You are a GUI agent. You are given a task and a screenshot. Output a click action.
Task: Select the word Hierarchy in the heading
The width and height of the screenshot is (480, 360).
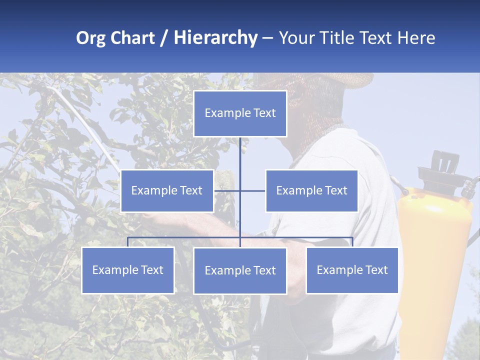coord(215,38)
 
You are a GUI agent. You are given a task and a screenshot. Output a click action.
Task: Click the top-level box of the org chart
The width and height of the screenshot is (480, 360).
coord(240,113)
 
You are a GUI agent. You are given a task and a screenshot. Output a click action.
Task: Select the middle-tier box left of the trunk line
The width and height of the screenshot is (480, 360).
coord(167,191)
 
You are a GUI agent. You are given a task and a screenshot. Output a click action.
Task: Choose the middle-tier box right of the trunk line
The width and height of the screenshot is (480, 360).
coord(311,191)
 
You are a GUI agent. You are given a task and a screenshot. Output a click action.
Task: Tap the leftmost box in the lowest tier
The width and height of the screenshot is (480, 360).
coord(128,270)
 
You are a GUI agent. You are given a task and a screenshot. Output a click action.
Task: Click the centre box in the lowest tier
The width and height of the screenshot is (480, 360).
coord(240,271)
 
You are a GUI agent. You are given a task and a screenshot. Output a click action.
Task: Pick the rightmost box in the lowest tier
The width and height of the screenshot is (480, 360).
coord(352,270)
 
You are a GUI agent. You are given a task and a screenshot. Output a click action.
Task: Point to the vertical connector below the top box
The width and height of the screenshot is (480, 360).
coord(240,155)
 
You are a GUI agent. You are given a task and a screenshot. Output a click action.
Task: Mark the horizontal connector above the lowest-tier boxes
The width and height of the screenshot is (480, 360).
coord(185,237)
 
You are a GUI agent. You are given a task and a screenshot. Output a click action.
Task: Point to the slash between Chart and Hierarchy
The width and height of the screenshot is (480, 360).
coord(163,38)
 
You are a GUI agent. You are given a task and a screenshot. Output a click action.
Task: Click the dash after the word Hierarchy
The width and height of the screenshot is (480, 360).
coord(267,38)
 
